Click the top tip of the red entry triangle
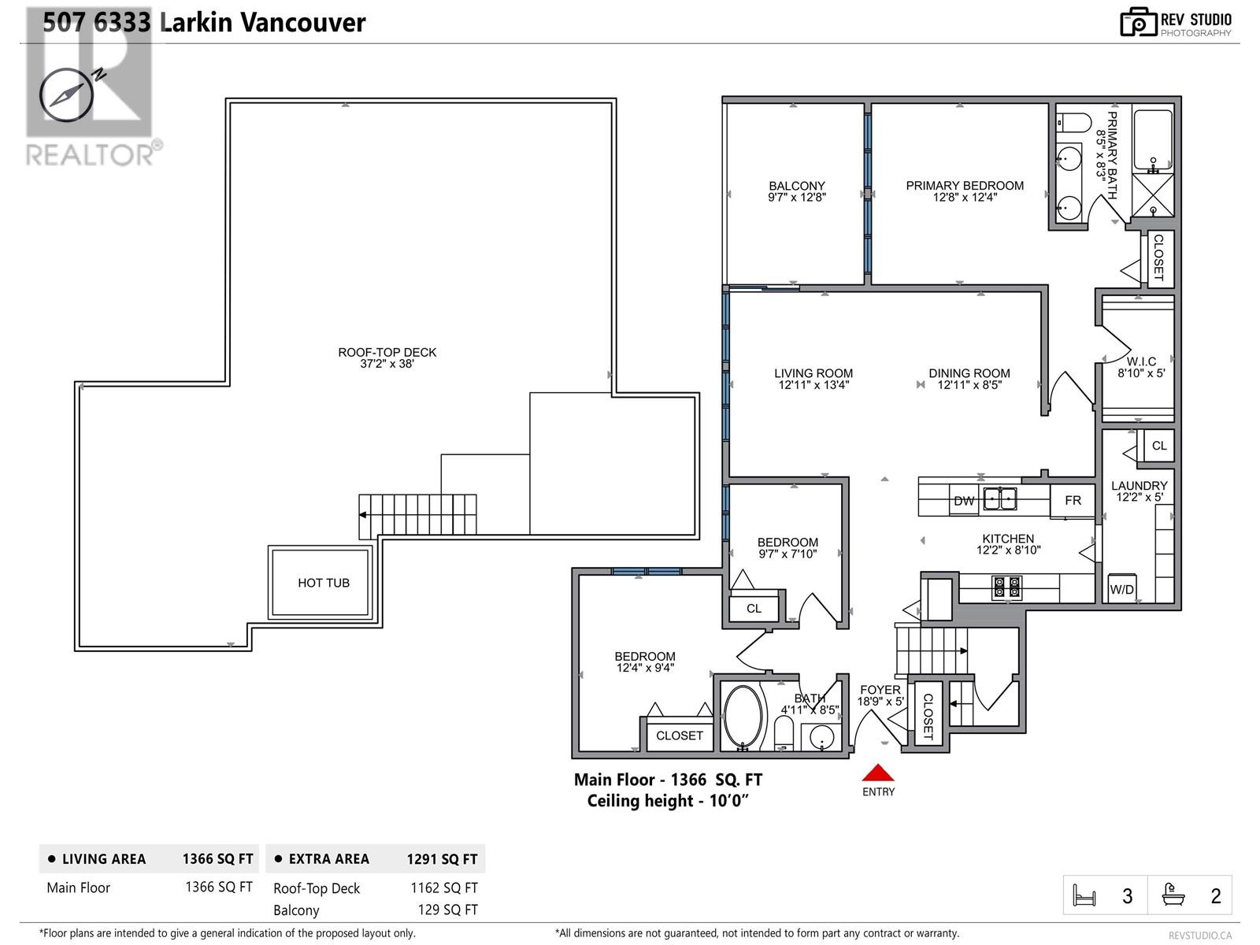[x=878, y=764]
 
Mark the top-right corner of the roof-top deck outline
[x=615, y=99]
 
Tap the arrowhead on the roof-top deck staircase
[x=363, y=515]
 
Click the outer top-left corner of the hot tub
[x=269, y=547]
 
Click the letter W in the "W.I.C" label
[x=1132, y=361]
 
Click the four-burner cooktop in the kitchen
[x=1007, y=587]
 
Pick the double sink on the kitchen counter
[x=1000, y=498]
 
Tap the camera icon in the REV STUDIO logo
[x=1138, y=22]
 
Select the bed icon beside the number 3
[x=1084, y=895]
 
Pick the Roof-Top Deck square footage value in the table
[x=443, y=888]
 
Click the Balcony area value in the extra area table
[x=448, y=910]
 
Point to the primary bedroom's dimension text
[x=965, y=198]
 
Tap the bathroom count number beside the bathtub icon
[x=1215, y=895]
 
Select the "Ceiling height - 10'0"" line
[x=668, y=800]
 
